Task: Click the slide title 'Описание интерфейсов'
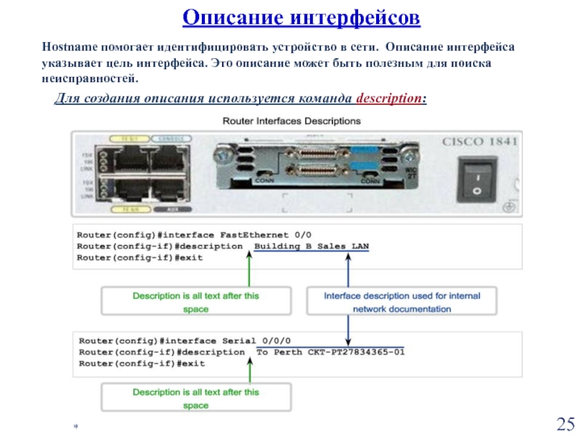pos(300,16)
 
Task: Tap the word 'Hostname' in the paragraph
pos(67,47)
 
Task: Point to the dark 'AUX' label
pos(171,209)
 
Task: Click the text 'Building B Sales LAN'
pos(312,246)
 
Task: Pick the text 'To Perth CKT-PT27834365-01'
pos(330,352)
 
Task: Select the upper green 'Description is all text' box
pos(195,302)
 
